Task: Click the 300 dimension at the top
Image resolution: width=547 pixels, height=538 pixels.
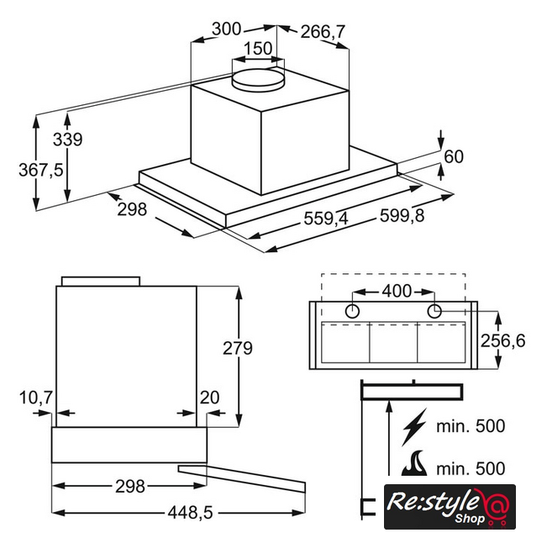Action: click(x=226, y=29)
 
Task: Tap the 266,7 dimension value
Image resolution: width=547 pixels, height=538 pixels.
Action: click(x=323, y=32)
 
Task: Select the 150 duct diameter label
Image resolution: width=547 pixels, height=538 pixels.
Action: click(x=258, y=49)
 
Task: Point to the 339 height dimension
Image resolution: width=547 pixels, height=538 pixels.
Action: click(x=68, y=140)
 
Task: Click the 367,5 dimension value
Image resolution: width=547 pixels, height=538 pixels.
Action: click(x=41, y=171)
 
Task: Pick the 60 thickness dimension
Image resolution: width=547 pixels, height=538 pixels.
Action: click(x=454, y=156)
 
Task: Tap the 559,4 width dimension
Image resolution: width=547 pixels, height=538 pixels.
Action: click(x=326, y=219)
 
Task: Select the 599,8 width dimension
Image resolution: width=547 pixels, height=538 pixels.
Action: click(x=402, y=215)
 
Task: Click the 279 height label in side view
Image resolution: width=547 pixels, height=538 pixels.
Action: click(x=238, y=348)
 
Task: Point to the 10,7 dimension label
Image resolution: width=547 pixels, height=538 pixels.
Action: click(x=36, y=398)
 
